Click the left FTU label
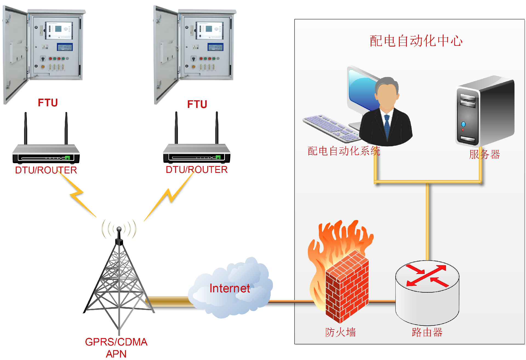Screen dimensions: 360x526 (48, 103)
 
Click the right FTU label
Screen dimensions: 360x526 (197, 104)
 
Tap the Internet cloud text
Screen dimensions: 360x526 (230, 288)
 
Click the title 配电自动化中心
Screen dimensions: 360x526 (416, 41)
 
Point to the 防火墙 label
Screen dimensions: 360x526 (341, 332)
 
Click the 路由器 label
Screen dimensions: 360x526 (427, 332)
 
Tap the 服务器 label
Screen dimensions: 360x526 (484, 154)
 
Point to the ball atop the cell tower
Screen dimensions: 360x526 (119, 229)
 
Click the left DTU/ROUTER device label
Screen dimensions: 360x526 (46, 170)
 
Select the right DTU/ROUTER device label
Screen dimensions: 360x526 (197, 170)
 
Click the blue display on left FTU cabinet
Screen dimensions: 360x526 (65, 47)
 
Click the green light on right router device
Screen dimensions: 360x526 (218, 157)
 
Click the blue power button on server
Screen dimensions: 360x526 (463, 124)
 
